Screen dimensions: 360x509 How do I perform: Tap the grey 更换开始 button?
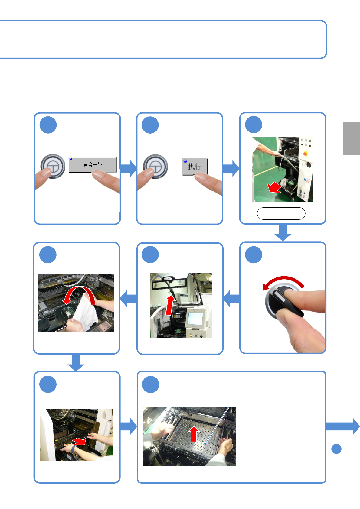(93, 165)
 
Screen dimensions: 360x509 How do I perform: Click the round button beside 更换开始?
(53, 166)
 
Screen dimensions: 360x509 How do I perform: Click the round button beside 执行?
(155, 166)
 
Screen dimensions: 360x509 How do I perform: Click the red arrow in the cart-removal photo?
(274, 187)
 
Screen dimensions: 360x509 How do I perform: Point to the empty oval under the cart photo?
(281, 213)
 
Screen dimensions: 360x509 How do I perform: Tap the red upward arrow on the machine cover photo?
(170, 305)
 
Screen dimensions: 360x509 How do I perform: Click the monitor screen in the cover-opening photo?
(195, 318)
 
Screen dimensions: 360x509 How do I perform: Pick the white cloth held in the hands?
(85, 311)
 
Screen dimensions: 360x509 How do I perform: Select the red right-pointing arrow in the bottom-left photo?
(79, 441)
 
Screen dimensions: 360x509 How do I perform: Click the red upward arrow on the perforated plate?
(194, 434)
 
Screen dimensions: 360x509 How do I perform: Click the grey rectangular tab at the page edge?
(351, 138)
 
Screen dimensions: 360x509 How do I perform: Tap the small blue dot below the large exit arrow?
(336, 449)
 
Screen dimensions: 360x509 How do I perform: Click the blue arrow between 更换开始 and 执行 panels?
(128, 168)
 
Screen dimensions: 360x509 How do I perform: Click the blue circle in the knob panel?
(254, 254)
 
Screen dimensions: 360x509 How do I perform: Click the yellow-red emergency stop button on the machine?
(306, 154)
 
